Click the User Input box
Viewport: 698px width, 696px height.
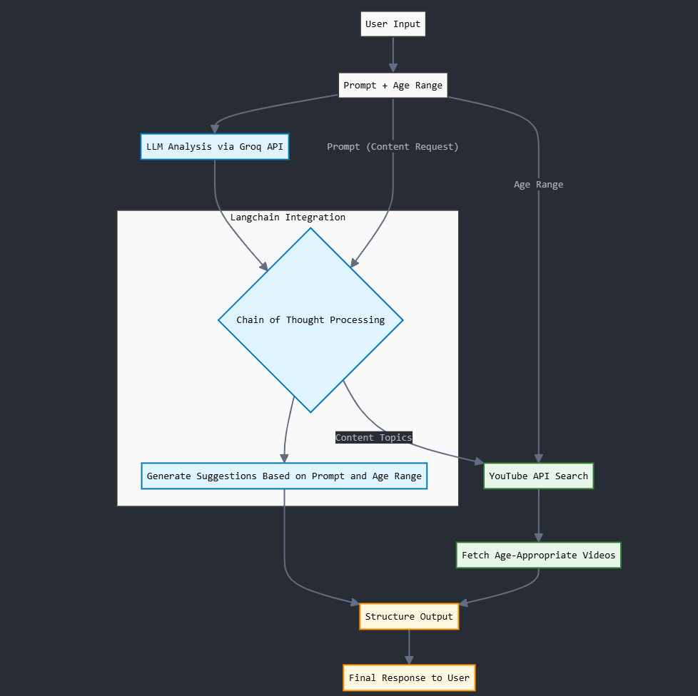pyautogui.click(x=393, y=24)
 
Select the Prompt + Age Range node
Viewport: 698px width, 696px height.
pyautogui.click(x=393, y=86)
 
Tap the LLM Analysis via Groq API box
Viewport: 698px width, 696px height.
pyautogui.click(x=214, y=147)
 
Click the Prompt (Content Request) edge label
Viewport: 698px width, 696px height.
pyautogui.click(x=393, y=147)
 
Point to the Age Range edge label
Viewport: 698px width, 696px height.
pyautogui.click(x=538, y=185)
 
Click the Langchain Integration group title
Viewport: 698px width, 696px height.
pyautogui.click(x=288, y=217)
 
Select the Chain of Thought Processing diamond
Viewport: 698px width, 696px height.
pyautogui.click(x=310, y=320)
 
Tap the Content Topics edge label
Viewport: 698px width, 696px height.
pyautogui.click(x=373, y=437)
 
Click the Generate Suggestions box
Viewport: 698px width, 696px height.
pyautogui.click(x=284, y=476)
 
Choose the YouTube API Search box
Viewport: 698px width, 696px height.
pyautogui.click(x=538, y=476)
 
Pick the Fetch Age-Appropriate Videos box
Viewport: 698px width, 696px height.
pyautogui.click(x=538, y=556)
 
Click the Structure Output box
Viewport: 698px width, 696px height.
pyautogui.click(x=409, y=617)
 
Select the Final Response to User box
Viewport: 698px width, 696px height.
pyautogui.click(x=409, y=677)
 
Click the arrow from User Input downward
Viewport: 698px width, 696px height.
pyautogui.click(x=393, y=54)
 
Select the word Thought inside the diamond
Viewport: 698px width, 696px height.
pyautogui.click(x=305, y=320)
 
